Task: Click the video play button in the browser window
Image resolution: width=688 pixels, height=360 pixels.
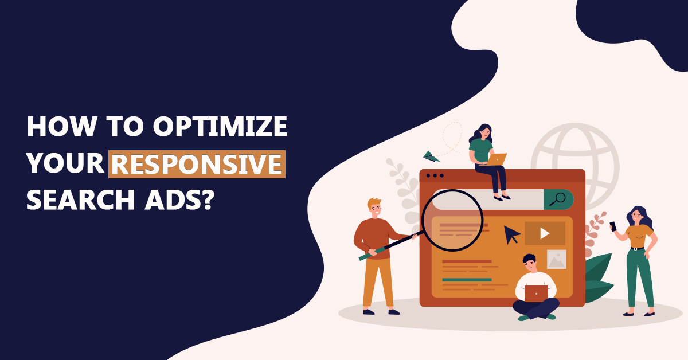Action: tap(545, 233)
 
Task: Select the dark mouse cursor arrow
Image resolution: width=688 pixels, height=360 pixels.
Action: tap(511, 234)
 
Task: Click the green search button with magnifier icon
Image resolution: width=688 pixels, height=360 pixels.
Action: tap(558, 199)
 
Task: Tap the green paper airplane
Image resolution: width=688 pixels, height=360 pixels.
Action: tap(431, 156)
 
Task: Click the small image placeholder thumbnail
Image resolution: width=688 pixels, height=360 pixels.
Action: tap(556, 259)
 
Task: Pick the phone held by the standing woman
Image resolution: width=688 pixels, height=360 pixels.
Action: tap(612, 226)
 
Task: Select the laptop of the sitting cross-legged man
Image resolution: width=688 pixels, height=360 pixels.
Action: tap(536, 293)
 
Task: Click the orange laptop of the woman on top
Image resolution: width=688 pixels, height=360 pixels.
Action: tap(497, 159)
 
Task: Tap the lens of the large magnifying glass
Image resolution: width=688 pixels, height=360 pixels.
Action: tap(452, 221)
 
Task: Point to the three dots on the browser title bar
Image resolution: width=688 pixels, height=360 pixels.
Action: tap(435, 175)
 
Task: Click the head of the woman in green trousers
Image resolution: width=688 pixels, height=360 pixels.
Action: tap(637, 216)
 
